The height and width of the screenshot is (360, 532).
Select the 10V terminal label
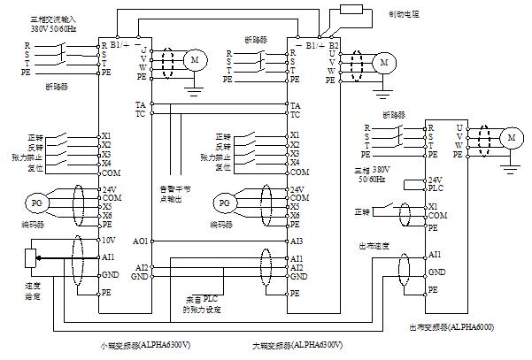[x=108, y=240]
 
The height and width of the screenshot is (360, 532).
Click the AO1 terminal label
[x=140, y=240]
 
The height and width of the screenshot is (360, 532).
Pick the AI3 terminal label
[x=298, y=240]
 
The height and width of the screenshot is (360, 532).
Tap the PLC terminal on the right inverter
[x=436, y=188]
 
